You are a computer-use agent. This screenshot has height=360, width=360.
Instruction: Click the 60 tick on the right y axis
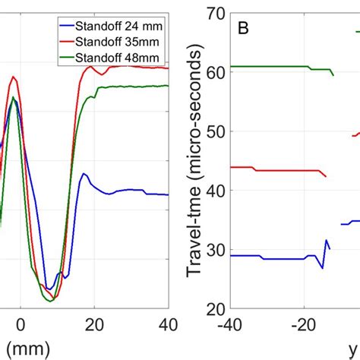pos(213,73)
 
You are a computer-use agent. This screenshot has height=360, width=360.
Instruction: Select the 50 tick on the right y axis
pos(213,132)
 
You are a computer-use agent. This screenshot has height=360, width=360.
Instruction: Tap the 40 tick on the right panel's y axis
pos(213,191)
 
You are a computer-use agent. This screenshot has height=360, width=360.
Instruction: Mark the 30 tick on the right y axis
pos(213,250)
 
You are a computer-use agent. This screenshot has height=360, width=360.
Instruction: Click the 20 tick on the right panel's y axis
pos(213,309)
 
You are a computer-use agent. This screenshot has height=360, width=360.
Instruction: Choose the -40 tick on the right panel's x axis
pos(229,326)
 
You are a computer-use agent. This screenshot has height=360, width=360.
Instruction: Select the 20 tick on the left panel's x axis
pos(94,325)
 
